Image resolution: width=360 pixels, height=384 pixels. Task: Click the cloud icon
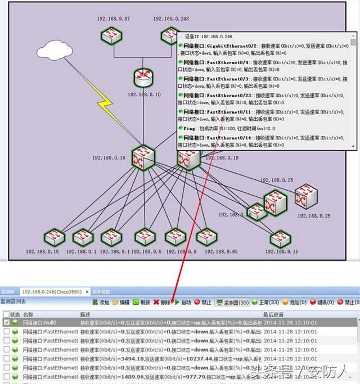(x=53, y=49)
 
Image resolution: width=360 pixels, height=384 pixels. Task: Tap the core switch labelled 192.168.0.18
(x=143, y=158)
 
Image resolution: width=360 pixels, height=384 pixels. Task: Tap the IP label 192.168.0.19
(x=222, y=158)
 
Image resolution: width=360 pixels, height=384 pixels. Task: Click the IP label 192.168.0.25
(x=276, y=180)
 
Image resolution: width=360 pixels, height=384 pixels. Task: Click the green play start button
(x=183, y=302)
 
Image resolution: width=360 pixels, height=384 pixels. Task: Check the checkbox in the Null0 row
(x=6, y=323)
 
